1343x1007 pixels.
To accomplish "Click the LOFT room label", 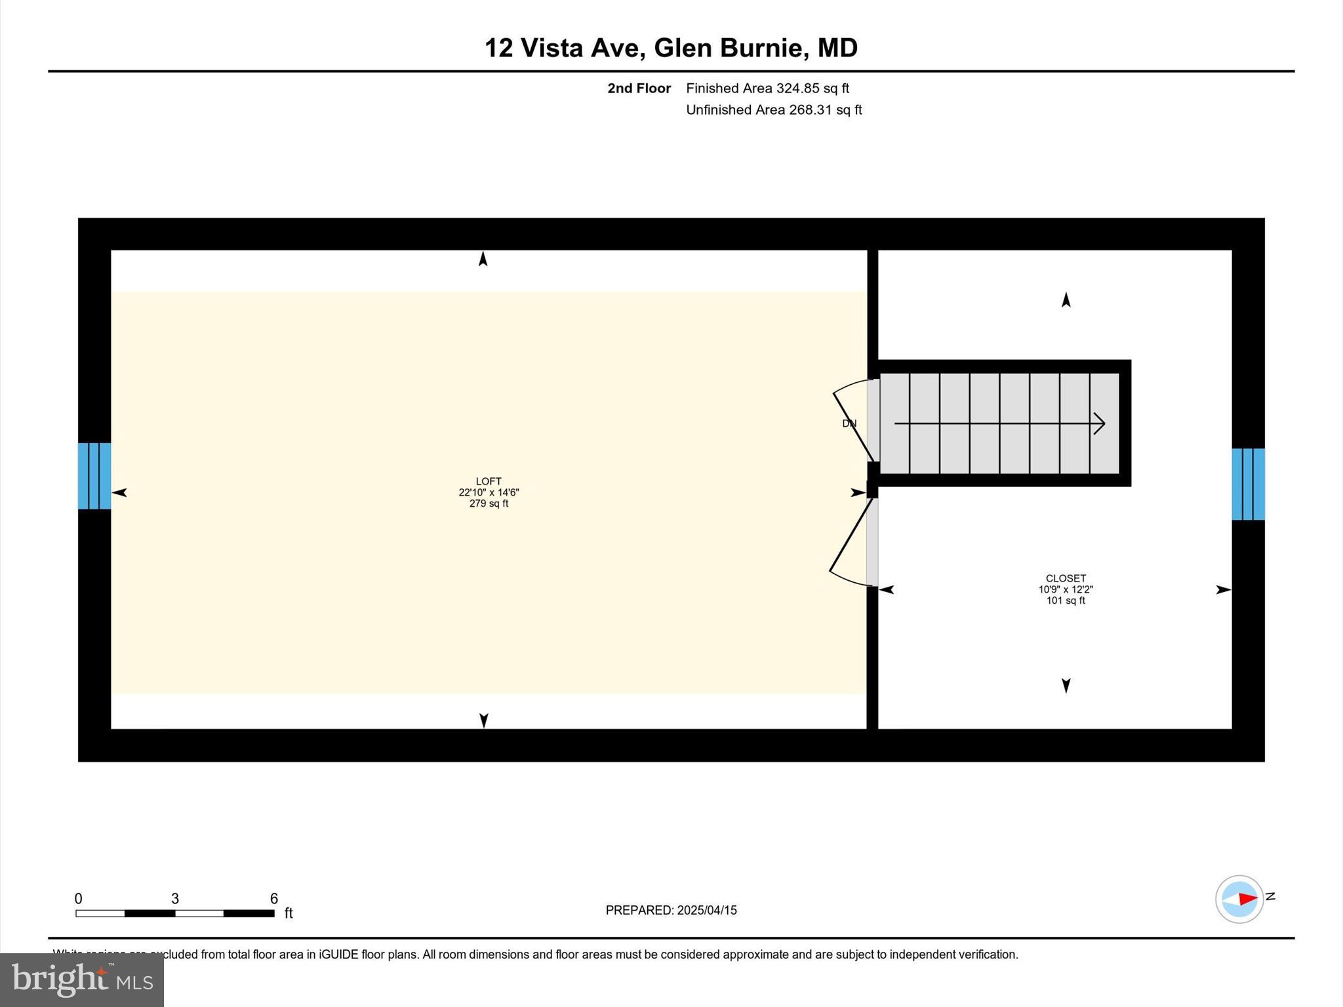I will point(489,481).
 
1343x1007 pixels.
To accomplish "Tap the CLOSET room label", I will point(1066,578).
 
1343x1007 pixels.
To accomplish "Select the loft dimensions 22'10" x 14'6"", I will point(489,492).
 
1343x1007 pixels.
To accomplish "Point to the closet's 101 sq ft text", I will point(1066,601).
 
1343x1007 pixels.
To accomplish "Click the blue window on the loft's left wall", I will point(94,476).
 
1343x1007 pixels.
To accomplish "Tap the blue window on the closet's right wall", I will point(1248,484).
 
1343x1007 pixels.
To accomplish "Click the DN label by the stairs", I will point(849,424).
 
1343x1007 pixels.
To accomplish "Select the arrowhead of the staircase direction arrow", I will point(1100,424).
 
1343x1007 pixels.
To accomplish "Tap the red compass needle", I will point(1247,899).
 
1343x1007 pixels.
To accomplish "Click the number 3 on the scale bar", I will point(175,899).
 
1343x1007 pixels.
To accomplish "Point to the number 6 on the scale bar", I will point(274,899).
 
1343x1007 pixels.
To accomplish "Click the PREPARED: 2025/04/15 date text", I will point(671,910).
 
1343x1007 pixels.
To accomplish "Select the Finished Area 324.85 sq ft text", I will point(767,88).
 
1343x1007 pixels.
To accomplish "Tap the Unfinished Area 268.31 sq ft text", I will point(774,109).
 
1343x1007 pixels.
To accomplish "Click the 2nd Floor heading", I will point(639,88).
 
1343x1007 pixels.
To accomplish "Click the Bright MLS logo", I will point(82,979).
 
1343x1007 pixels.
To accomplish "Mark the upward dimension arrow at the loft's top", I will point(483,259).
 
